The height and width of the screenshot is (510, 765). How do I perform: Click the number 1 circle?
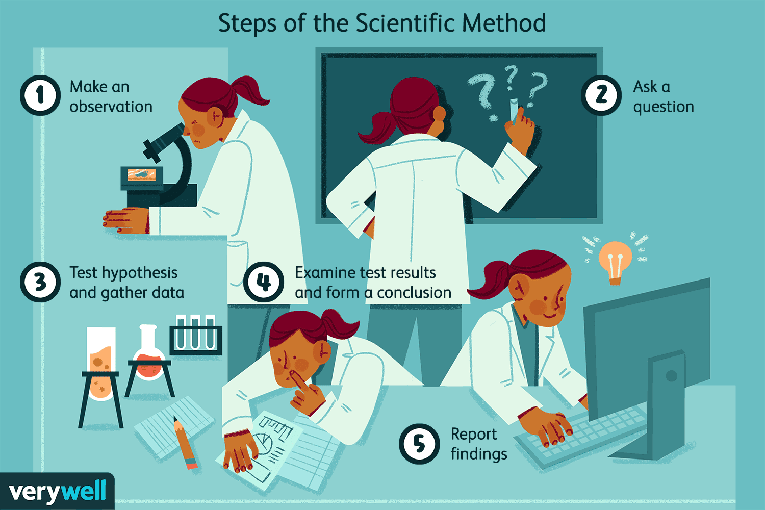pos(40,95)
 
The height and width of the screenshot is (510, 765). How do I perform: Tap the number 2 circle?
pos(601,95)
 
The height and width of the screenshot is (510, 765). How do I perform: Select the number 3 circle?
pos(40,282)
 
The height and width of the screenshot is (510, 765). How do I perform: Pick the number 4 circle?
pos(263,282)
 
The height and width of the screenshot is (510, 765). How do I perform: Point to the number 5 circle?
pos(419,444)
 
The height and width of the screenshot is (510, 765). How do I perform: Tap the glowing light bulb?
pos(615,260)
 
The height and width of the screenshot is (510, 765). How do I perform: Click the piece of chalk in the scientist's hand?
pos(514,109)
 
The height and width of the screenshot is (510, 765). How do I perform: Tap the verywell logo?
pos(57,492)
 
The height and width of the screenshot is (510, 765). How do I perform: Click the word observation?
pos(111,107)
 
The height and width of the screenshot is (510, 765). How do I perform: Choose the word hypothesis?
pos(139,273)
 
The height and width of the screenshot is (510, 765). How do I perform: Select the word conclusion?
pos(414,293)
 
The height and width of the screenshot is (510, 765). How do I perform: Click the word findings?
pos(479,454)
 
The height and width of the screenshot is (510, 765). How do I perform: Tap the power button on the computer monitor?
pos(671,376)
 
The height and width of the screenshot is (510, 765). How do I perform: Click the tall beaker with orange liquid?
pos(101,362)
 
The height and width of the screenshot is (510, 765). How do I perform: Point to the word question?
pos(664,107)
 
